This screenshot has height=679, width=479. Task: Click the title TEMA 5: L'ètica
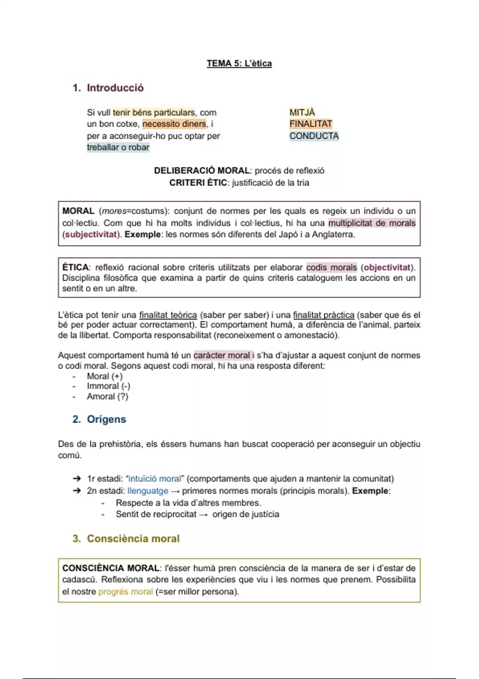239,64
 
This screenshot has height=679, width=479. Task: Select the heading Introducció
115,88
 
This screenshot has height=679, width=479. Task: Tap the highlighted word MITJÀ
302,113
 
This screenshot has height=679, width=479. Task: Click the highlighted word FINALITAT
311,124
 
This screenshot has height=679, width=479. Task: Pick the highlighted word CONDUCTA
314,136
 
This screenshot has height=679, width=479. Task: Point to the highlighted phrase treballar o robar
118,147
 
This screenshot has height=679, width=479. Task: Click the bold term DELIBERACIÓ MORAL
202,171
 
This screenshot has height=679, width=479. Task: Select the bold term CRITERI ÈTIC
198,183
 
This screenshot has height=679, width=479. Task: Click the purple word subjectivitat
91,234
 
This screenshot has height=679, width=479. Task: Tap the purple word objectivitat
387,268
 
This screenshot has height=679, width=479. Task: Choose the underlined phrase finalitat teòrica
168,315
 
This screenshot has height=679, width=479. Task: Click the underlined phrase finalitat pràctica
323,315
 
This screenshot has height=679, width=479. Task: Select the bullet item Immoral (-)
109,386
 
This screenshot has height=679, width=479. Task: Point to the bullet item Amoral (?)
108,397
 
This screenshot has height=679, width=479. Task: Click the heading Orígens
106,419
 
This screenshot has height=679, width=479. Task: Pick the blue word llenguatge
148,491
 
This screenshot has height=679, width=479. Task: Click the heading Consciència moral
133,539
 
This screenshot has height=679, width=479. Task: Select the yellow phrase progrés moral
126,592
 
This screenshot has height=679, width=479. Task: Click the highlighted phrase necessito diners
174,124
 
